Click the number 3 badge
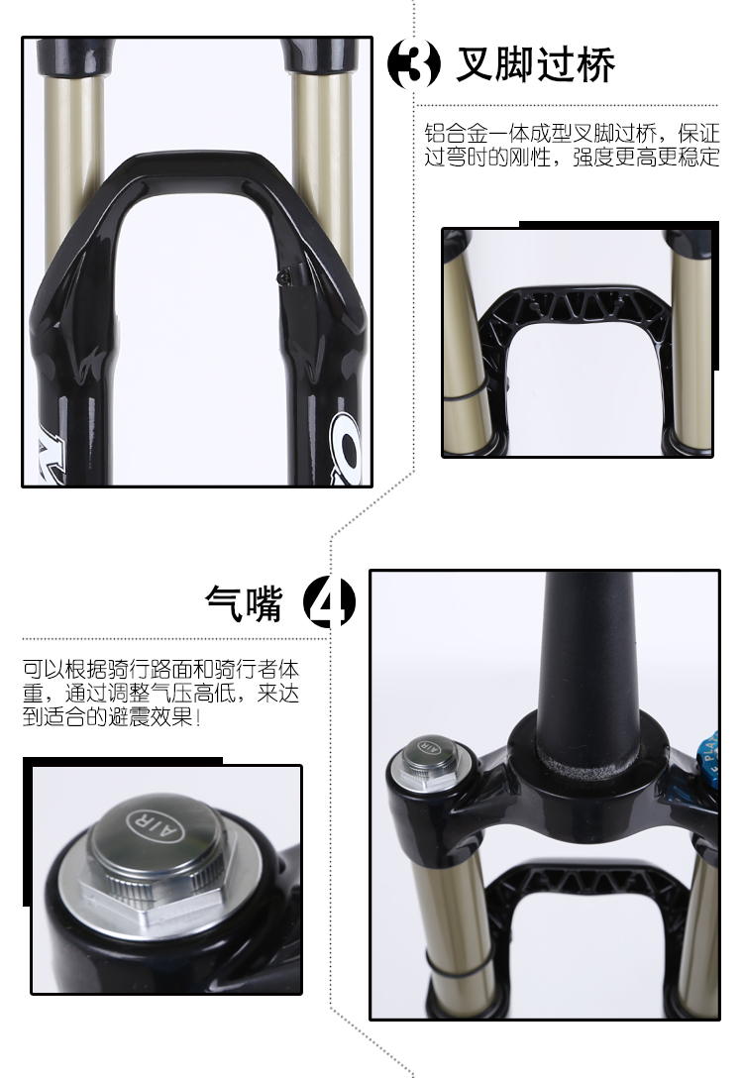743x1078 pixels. pos(414,64)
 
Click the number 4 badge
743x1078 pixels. pos(329,601)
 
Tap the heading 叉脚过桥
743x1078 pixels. pos(535,64)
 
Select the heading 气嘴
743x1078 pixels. pos(244,603)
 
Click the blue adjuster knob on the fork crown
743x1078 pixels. pos(708,756)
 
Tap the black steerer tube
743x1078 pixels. pos(588,660)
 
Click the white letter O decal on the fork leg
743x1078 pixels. pos(347,448)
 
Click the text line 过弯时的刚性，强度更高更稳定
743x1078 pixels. pos(572,158)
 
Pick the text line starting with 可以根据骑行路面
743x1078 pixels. pos(160,669)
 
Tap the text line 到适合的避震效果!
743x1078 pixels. pos(112,717)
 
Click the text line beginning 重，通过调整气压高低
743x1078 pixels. pos(160,693)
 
